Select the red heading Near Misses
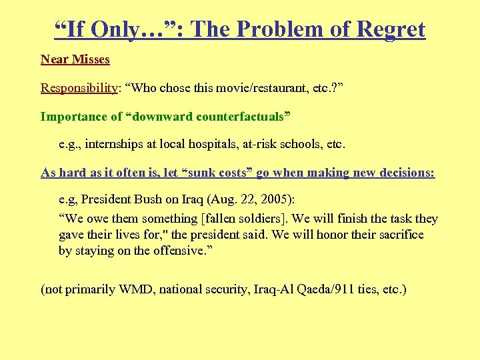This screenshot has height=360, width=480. click(x=75, y=59)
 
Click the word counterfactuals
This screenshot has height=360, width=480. click(x=243, y=117)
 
